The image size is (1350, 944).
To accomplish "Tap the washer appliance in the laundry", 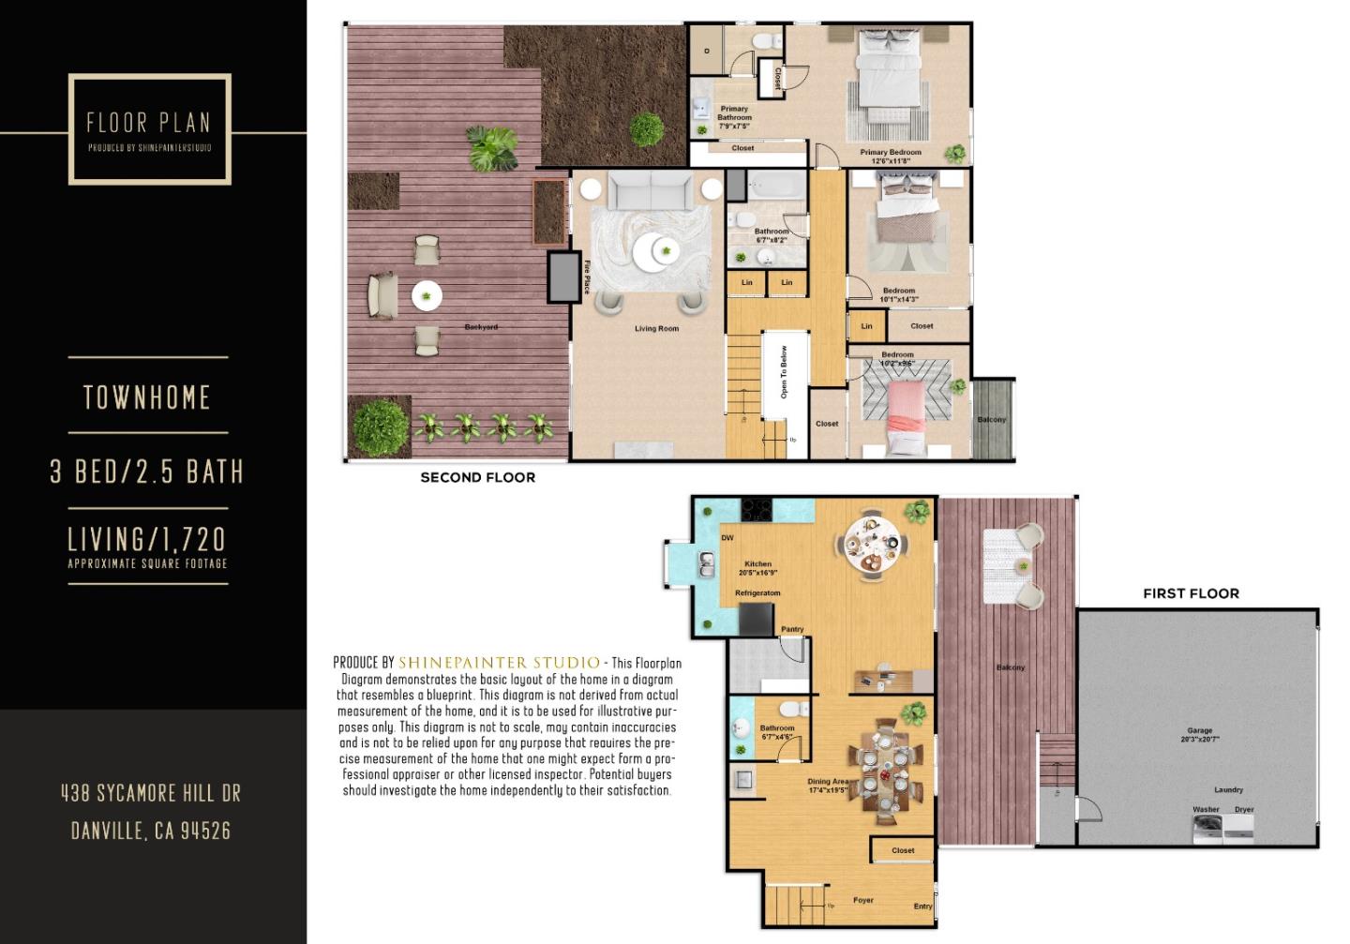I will click(1207, 828).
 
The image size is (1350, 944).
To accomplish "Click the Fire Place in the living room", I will click(563, 276).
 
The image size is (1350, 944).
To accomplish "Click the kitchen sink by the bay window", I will click(706, 564).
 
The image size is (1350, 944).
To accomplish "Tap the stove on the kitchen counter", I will click(757, 510).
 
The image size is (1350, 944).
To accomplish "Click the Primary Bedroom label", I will click(891, 152).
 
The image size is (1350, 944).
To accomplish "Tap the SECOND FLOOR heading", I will click(477, 477).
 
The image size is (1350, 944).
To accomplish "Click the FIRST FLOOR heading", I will click(1191, 593).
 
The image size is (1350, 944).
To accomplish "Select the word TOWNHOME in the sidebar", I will click(147, 397).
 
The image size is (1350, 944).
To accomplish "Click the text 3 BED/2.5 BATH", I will click(147, 471).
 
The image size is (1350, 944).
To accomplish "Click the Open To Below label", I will click(784, 372).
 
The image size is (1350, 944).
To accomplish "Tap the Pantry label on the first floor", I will click(792, 629).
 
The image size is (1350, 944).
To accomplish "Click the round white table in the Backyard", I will click(427, 296).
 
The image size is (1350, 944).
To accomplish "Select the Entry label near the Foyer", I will click(922, 907).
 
